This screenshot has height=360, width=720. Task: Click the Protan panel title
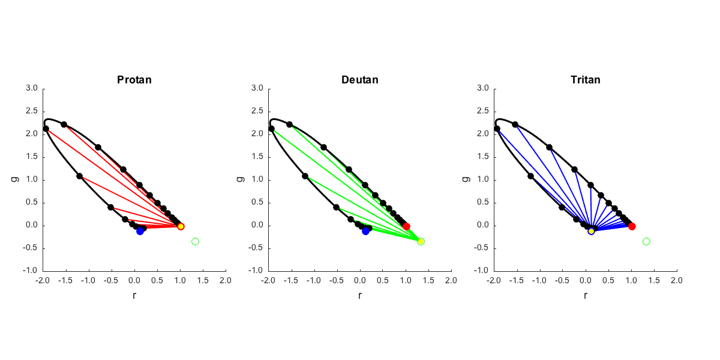pos(134,80)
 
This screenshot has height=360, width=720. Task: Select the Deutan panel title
pos(360,80)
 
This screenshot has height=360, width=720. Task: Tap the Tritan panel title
pos(586,80)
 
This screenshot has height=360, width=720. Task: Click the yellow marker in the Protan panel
pos(181,226)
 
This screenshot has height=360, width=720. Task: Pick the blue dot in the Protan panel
pos(140,231)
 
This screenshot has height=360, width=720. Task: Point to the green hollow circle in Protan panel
pos(195,241)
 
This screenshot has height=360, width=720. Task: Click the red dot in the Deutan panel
pos(406,226)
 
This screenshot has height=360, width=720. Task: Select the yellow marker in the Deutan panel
pos(421,241)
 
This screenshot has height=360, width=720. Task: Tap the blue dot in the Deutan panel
pos(366,231)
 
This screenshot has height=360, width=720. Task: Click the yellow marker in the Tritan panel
pos(592,231)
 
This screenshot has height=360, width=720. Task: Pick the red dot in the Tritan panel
pos(632,226)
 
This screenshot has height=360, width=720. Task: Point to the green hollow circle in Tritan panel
pos(646,241)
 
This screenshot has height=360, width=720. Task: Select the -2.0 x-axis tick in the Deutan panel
pos(268,280)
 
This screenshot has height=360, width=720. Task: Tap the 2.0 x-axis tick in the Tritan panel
pos(677,280)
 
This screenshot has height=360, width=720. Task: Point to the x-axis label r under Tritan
pos(586,295)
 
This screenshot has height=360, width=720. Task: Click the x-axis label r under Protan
pos(134,295)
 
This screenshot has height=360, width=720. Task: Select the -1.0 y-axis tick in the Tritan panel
pos(482,271)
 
